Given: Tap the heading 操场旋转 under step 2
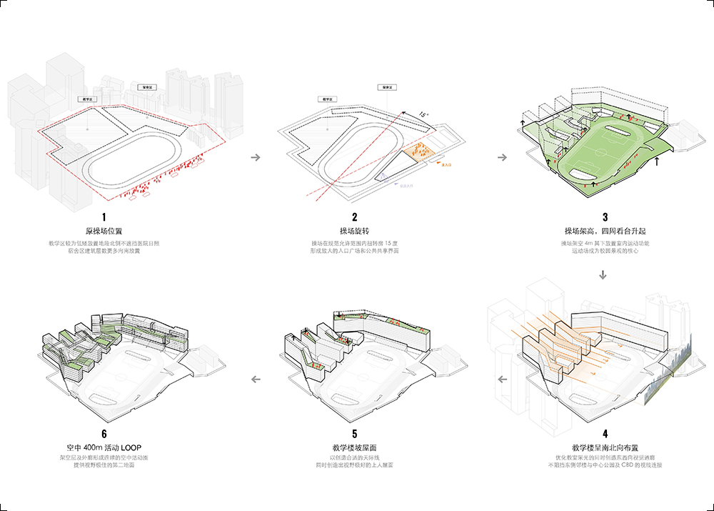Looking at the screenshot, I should click(354, 232).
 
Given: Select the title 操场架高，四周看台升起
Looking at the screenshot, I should click(604, 232).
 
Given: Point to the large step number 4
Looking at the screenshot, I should click(605, 434).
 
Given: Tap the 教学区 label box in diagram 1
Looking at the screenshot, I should click(90, 100).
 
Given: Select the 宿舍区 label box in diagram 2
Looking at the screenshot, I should click(388, 87).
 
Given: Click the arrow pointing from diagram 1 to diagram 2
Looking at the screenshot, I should click(256, 158).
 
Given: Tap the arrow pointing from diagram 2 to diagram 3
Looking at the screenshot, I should click(503, 158).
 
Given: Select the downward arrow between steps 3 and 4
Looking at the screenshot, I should click(604, 274).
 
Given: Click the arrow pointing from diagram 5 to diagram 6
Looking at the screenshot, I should click(256, 379).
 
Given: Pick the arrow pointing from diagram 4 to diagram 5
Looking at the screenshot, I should click(503, 379).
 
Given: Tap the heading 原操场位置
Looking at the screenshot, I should click(104, 232).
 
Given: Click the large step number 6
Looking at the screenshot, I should click(104, 434).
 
